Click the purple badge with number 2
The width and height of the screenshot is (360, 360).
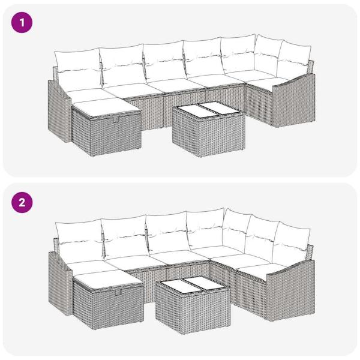coord(22,202)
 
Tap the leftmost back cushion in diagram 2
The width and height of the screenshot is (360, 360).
coord(78,239)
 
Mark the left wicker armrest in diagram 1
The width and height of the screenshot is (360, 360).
coord(59,111)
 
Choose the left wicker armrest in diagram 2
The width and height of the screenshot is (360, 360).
coord(59,282)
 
